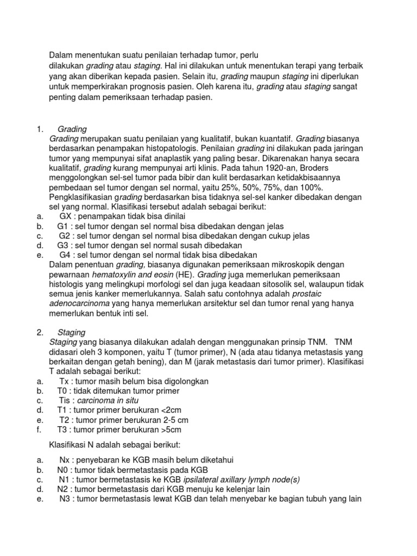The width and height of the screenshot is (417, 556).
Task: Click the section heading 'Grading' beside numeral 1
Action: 72,129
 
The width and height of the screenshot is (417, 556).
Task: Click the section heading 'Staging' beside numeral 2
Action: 71,332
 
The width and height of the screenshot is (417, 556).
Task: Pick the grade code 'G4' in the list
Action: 66,254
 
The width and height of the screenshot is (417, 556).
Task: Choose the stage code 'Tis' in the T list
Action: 65,401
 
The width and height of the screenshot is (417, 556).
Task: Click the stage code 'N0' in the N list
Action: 63,470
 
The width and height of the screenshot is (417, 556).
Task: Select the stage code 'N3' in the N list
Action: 66,499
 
